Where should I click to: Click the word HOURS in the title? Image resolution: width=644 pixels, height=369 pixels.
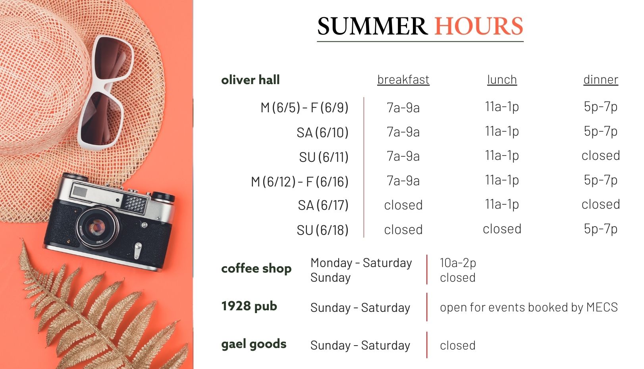[478, 26]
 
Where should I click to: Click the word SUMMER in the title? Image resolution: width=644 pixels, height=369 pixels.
[372, 26]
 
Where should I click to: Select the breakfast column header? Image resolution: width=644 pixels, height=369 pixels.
[403, 80]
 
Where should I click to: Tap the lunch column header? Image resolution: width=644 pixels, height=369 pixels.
[502, 80]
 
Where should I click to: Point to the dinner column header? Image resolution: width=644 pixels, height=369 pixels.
[601, 80]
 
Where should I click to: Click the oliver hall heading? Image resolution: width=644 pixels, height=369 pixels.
[251, 80]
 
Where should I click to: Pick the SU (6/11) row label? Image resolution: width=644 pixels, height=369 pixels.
[324, 157]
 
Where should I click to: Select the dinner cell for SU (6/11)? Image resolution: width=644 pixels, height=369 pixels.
[601, 156]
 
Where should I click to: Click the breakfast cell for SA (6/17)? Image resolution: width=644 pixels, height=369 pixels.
[403, 205]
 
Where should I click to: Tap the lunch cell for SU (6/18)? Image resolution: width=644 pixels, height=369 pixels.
[502, 229]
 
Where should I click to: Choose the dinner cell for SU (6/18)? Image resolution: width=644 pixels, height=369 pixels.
[601, 229]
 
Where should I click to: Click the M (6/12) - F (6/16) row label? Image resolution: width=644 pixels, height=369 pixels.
[300, 182]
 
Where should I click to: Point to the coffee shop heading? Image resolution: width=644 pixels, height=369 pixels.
[256, 269]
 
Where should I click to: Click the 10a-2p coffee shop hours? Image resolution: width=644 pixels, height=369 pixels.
[458, 263]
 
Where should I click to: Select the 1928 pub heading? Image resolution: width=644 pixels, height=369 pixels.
[249, 306]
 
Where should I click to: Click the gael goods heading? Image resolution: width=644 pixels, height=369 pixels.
[254, 344]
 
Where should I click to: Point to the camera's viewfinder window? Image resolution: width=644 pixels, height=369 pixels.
[80, 191]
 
